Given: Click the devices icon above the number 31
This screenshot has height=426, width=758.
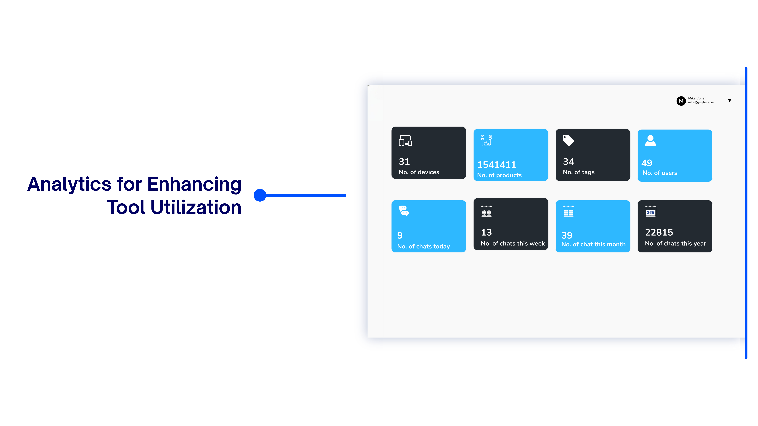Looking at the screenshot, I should tap(405, 141).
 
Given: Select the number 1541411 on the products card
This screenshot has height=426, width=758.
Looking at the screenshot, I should tap(497, 165).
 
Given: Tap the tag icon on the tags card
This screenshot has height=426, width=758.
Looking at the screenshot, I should tap(568, 141).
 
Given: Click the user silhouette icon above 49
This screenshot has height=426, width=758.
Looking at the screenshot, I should tap(650, 141).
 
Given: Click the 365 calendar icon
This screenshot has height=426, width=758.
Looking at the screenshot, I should tap(650, 211).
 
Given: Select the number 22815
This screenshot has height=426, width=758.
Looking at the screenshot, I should tap(659, 232).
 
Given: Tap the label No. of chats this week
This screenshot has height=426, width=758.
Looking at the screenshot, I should tap(513, 243).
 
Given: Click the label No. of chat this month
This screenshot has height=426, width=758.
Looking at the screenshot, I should tap(593, 244).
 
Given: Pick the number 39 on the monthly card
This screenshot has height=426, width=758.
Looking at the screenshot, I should tap(567, 235).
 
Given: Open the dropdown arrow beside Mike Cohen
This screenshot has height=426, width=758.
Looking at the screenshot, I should tap(729, 101).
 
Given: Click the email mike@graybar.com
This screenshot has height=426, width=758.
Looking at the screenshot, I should tap(701, 103).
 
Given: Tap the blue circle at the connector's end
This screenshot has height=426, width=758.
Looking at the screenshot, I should tap(260, 195).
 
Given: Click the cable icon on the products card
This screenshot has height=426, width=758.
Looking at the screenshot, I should tap(486, 141).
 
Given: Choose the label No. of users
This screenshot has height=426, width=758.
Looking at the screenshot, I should tap(660, 173).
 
